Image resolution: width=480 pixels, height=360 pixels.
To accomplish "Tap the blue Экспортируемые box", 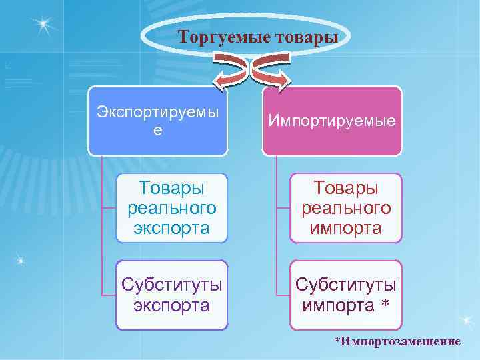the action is (157, 120).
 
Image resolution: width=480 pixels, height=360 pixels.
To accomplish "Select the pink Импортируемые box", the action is (332, 120).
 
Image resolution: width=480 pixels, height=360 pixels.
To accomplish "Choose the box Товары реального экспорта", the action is (171, 208).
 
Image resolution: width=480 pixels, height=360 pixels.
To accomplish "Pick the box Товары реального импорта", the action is (345, 208).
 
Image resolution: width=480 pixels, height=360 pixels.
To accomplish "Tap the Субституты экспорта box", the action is (171, 295).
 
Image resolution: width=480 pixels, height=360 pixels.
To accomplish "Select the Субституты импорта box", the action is (345, 295).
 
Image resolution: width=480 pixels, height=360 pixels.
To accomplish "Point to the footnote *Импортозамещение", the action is (397, 342).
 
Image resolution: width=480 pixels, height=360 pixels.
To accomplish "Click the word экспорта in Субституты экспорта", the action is (171, 306).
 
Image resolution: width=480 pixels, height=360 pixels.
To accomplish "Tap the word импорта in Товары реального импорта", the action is (345, 229).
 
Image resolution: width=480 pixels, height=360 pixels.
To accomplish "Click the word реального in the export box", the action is (171, 208).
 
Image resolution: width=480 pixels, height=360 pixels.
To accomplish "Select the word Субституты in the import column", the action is (345, 285).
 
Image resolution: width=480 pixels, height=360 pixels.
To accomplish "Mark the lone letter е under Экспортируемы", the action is (157, 131).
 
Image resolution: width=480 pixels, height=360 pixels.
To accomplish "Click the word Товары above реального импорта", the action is (345, 187).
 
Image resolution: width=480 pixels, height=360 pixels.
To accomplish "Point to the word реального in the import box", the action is (345, 208).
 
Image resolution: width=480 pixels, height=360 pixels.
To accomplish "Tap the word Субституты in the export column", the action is (171, 285).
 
